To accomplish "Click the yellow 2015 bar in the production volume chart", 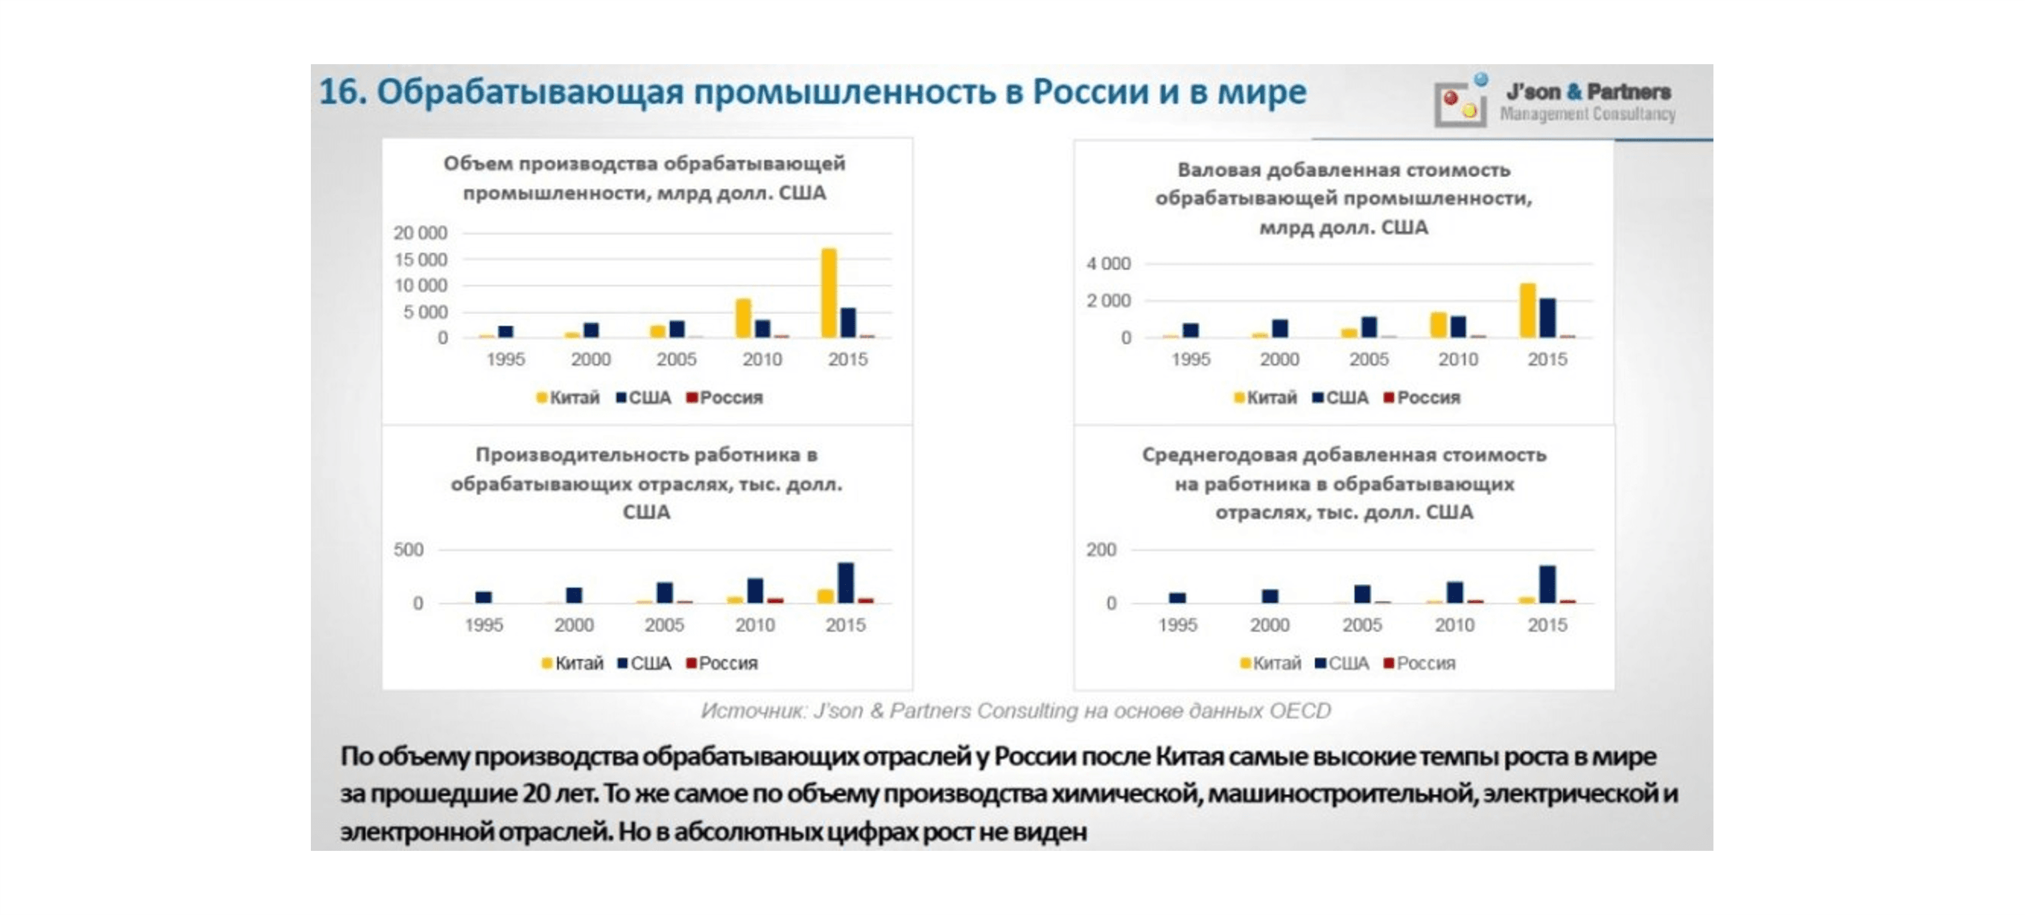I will click(828, 293).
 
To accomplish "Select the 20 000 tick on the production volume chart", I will click(420, 233).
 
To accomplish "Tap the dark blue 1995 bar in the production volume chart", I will click(505, 331).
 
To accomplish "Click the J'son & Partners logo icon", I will click(1460, 103).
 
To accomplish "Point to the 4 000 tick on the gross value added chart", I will click(1108, 263).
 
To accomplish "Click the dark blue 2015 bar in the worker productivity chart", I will click(846, 583).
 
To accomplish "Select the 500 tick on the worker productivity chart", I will click(408, 549).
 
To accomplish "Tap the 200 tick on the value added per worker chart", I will click(1100, 549).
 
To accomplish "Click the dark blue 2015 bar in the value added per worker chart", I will click(1547, 584).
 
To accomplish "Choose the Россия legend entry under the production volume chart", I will click(724, 398).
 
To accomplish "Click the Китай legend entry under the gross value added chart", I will click(1265, 398).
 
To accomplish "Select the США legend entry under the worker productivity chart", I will click(644, 664).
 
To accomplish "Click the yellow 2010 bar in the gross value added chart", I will click(1438, 325).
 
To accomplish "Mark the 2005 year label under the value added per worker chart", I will click(1362, 625).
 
